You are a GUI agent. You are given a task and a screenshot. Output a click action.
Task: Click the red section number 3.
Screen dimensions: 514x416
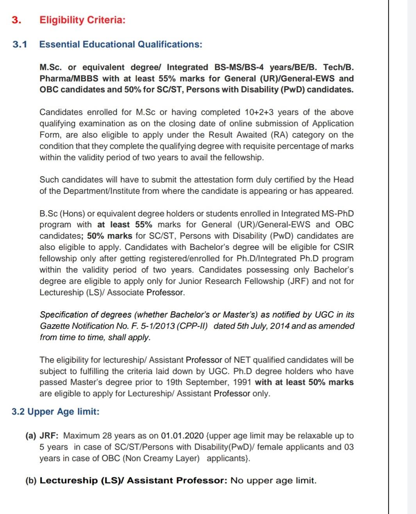pyautogui.click(x=16, y=20)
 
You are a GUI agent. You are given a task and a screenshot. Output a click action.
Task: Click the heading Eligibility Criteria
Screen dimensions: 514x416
pyautogui.click(x=82, y=20)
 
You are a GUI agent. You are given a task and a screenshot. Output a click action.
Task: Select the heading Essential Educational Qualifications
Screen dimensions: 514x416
pyautogui.click(x=121, y=44)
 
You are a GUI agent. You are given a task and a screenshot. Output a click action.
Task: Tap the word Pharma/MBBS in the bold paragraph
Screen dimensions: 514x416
pyautogui.click(x=69, y=78)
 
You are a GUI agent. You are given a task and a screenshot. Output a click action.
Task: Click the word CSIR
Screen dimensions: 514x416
pyautogui.click(x=343, y=247)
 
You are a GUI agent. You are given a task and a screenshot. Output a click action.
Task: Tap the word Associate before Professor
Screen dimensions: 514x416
pyautogui.click(x=125, y=292)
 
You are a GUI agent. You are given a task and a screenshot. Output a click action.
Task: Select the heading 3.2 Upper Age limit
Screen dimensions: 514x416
pyautogui.click(x=55, y=412)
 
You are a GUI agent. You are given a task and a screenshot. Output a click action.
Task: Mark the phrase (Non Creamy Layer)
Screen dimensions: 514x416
pyautogui.click(x=161, y=458)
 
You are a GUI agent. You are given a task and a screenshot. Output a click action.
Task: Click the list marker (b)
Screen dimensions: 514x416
pyautogui.click(x=31, y=480)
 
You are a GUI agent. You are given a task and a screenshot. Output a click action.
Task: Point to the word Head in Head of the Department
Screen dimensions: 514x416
pyautogui.click(x=343, y=180)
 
